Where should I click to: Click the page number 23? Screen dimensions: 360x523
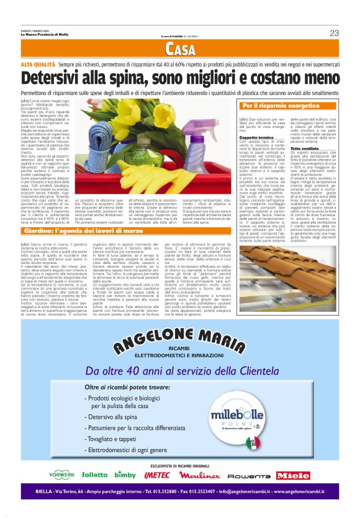[334, 33]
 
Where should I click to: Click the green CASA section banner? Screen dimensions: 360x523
[181, 50]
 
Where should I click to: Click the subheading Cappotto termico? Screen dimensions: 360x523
[256, 137]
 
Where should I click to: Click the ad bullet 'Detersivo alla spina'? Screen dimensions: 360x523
[118, 434]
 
